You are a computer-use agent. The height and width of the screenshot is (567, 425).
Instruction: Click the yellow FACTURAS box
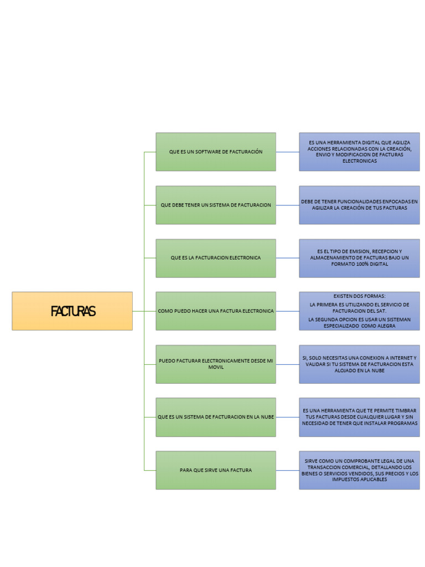click(72, 311)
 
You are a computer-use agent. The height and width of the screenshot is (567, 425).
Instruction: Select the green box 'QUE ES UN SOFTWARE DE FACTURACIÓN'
click(216, 152)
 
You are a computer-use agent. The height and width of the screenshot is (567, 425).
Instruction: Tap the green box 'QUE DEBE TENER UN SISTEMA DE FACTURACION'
click(216, 205)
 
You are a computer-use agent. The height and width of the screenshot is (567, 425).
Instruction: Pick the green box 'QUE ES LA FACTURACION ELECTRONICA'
click(216, 258)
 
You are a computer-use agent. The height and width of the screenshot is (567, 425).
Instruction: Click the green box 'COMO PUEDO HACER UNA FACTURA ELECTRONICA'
click(216, 311)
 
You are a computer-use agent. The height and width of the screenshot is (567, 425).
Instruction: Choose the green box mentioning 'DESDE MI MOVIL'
click(216, 364)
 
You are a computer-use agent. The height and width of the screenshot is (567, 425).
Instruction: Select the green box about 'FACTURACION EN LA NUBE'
click(216, 417)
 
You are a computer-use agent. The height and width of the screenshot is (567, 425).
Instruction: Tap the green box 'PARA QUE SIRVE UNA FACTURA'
click(216, 470)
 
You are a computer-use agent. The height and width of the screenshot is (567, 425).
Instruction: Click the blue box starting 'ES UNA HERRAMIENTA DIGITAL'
click(360, 152)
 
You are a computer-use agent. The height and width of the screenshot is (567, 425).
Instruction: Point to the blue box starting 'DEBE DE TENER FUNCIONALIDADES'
click(360, 205)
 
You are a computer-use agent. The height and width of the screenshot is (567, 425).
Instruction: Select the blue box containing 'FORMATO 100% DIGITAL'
click(360, 258)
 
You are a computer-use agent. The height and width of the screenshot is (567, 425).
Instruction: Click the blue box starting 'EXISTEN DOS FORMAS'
click(360, 311)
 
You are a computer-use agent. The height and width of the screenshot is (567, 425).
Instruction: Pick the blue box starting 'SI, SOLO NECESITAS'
click(360, 364)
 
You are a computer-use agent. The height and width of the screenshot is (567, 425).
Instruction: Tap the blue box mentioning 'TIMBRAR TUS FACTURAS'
click(360, 417)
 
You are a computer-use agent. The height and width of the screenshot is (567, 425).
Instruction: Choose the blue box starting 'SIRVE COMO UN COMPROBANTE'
click(360, 470)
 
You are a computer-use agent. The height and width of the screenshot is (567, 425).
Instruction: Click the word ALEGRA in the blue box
click(386, 326)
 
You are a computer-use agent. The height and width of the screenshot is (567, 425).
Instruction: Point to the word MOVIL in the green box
click(216, 367)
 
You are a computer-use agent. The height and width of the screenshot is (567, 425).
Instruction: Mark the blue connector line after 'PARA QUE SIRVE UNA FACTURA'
click(288, 470)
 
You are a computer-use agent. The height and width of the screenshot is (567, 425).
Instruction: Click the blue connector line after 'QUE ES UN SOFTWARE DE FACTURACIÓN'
click(288, 152)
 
